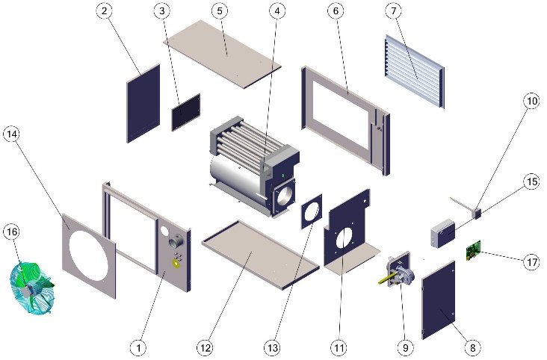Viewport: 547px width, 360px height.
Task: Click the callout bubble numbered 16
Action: pyautogui.click(x=12, y=232)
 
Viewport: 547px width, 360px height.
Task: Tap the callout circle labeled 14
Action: pyautogui.click(x=12, y=134)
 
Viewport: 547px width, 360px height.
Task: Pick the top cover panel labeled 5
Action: pyautogui.click(x=222, y=54)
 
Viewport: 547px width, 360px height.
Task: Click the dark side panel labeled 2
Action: pyautogui.click(x=143, y=102)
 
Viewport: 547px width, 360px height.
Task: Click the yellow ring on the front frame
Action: pyautogui.click(x=177, y=263)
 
